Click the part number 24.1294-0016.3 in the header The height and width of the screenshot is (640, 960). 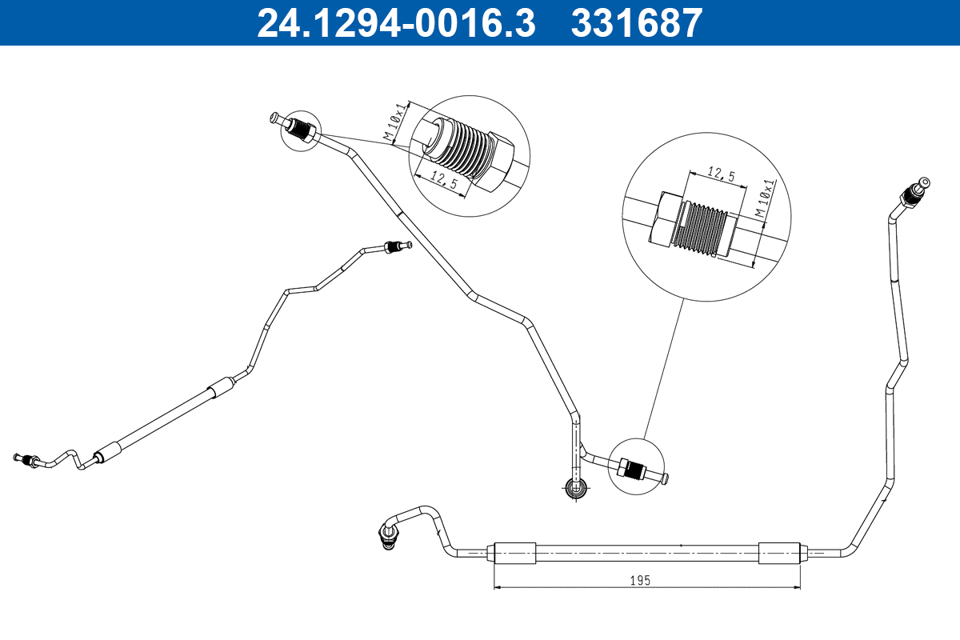(395, 23)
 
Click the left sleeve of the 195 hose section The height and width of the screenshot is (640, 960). (514, 552)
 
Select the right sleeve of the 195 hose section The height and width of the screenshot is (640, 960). (779, 552)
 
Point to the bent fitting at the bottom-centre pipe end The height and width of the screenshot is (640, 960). (388, 534)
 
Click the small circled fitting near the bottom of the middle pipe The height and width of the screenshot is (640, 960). (634, 468)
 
